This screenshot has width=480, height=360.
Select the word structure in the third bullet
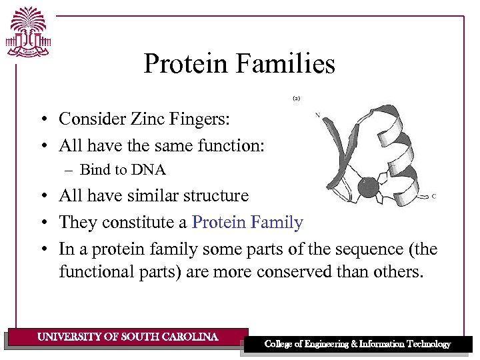pos(215,195)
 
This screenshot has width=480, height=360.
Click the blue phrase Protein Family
pos(247,222)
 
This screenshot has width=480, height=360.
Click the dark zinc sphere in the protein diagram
pos(368,187)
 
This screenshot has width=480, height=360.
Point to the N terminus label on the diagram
pos(317,115)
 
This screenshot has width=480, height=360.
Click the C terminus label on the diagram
pos(435,196)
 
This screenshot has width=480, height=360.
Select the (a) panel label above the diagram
pos(296,98)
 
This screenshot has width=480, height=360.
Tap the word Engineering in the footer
pos(333,344)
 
